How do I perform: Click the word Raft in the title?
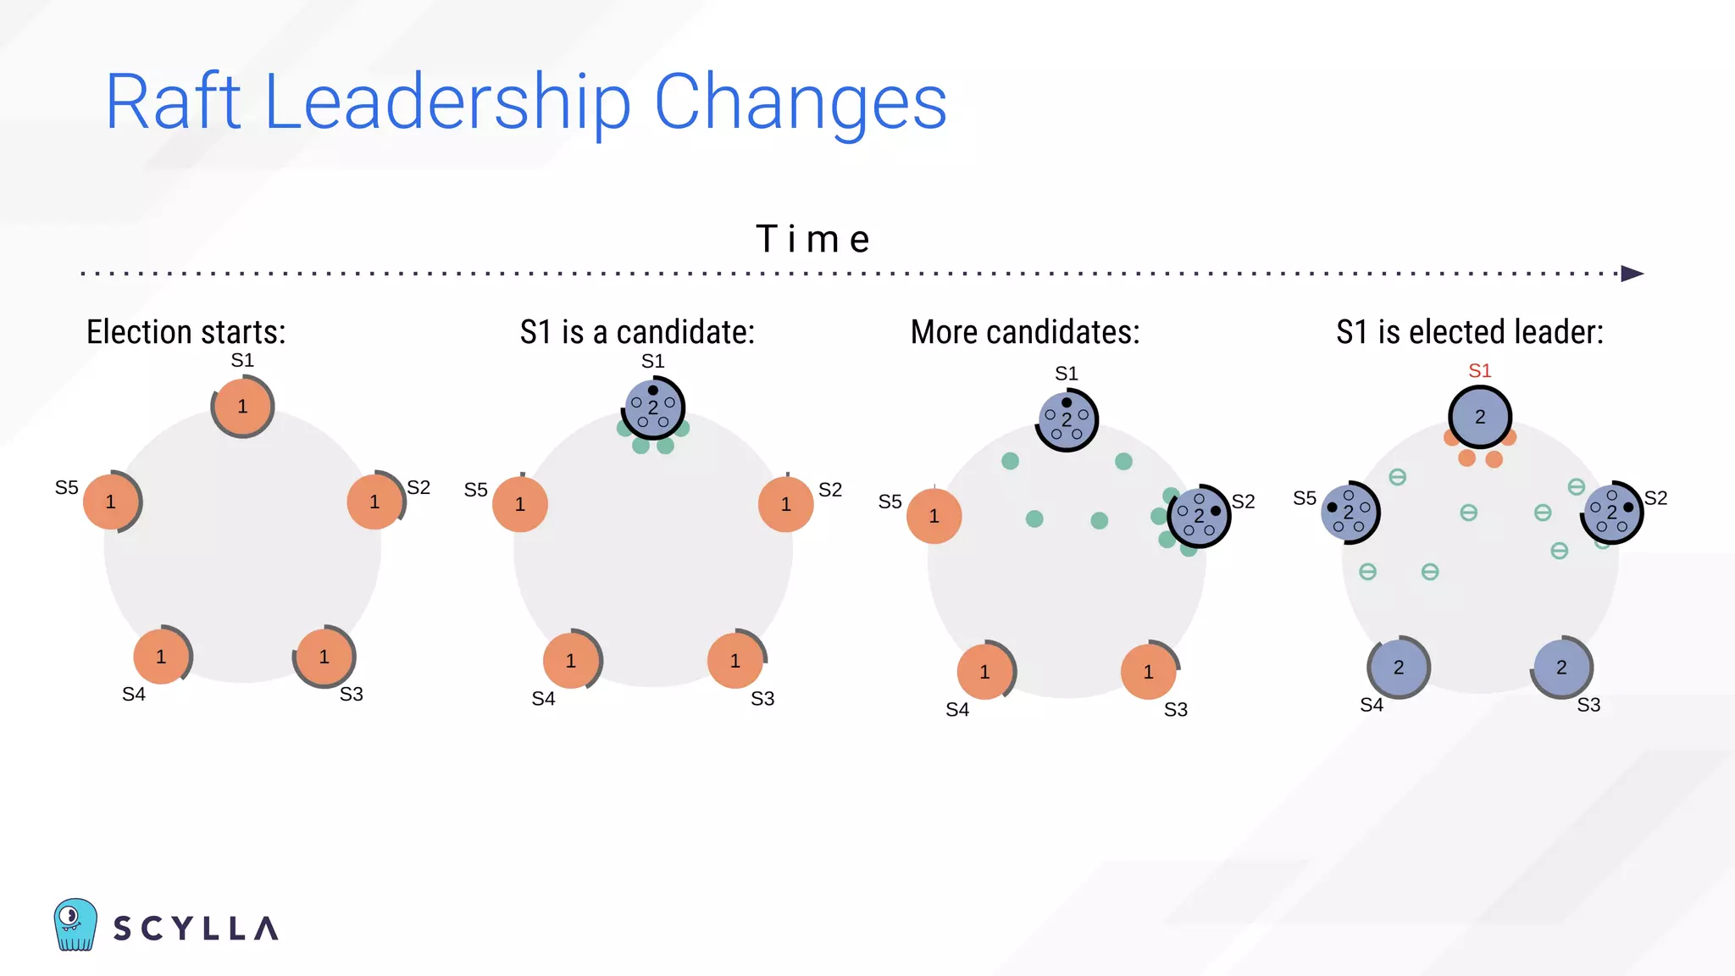174,102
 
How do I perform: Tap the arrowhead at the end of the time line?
1632,274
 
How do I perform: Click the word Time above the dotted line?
812,239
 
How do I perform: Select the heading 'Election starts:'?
186,332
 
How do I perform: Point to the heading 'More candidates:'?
1025,332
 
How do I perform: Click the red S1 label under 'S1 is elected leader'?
1479,371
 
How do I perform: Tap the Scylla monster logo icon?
75,924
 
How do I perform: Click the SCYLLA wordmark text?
196,929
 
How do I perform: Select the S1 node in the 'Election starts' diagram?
242,407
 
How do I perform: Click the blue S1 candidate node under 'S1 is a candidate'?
653,408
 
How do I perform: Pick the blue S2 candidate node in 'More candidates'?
1199,516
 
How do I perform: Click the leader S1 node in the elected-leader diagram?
1480,417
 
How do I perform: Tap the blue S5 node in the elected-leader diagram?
1350,513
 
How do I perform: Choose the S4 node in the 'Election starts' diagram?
161,657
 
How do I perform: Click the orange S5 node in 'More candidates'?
934,516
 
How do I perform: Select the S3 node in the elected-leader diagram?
1561,668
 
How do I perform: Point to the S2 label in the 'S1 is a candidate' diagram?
830,490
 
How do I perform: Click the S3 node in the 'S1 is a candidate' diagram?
735,661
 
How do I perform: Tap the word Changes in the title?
800,102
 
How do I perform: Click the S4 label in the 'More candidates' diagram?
957,710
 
